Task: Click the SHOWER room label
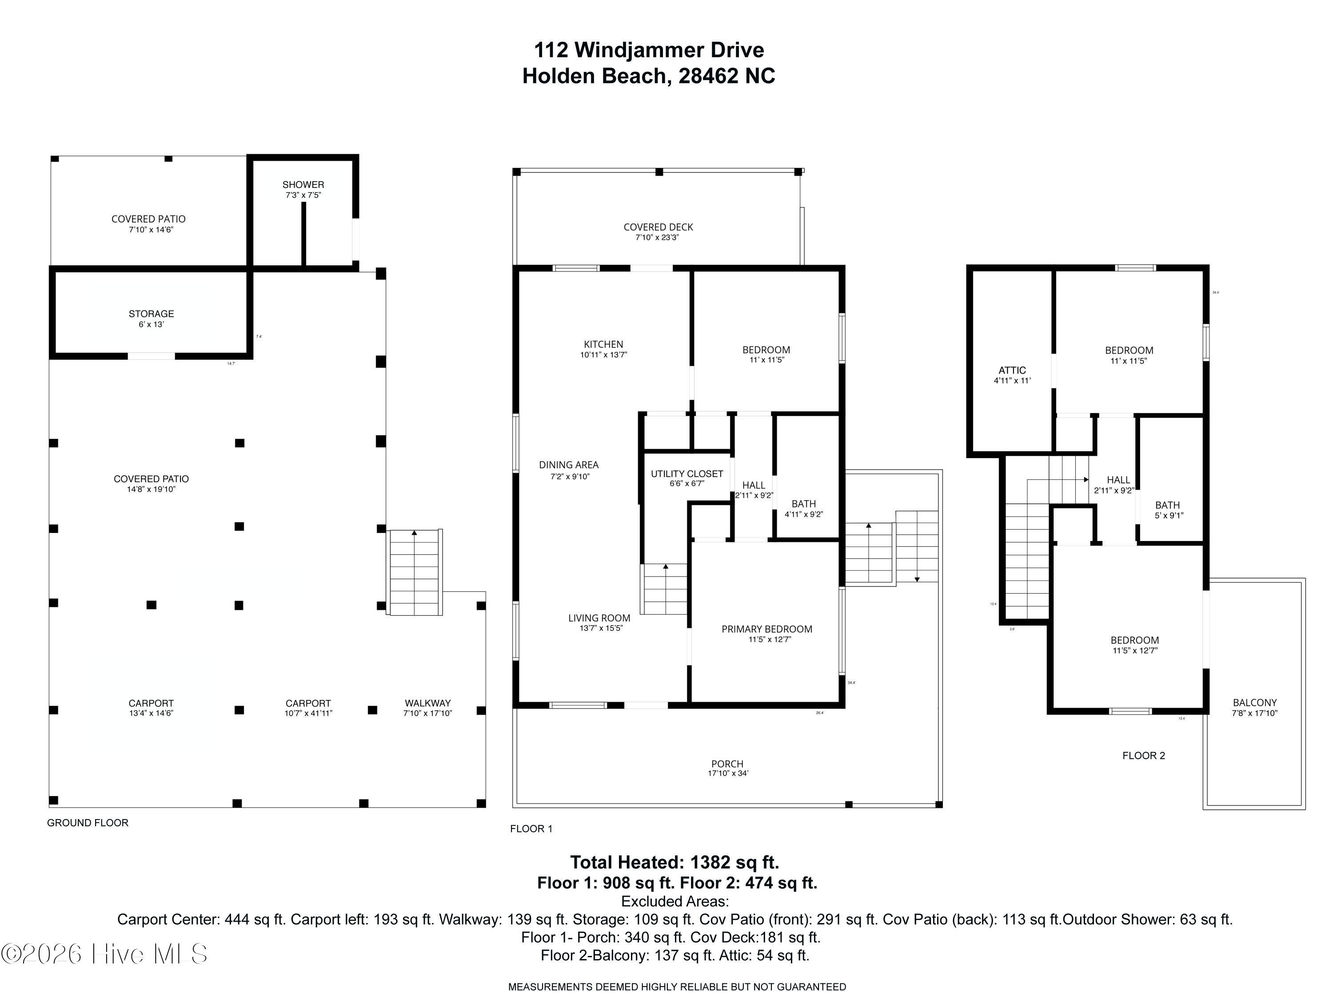pos(303,185)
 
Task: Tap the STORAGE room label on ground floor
pos(151,314)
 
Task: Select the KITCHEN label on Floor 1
pos(603,345)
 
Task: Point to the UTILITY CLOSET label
pos(686,474)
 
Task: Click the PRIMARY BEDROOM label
pos(766,629)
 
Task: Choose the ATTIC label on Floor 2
pos(1012,370)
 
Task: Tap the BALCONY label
pos(1255,703)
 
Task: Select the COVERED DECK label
pos(658,227)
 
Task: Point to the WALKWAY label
pos(427,703)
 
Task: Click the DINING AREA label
pos(568,465)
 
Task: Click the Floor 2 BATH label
pos(1167,505)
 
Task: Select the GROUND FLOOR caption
pos(88,823)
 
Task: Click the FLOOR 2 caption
pos(1143,756)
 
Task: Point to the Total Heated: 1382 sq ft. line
pos(674,862)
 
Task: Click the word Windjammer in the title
pos(639,50)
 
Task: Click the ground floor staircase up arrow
pos(414,533)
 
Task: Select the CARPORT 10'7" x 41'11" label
pos(308,708)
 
